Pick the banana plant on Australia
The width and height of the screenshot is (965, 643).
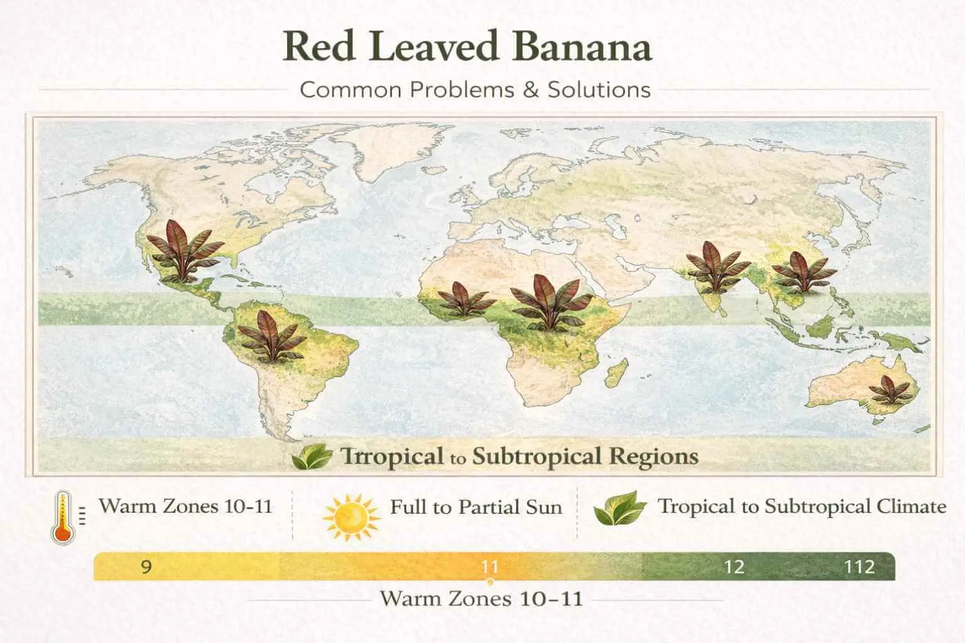point(889,390)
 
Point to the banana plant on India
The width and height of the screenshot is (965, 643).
point(717,266)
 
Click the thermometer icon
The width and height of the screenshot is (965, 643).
point(63,517)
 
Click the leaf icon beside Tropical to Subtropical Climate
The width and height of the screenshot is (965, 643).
point(619,509)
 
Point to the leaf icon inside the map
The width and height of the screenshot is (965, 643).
point(312,457)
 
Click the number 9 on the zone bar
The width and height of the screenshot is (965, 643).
point(146,567)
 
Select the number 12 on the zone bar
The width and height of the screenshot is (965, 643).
point(733,567)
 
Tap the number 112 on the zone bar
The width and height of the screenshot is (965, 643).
point(859,567)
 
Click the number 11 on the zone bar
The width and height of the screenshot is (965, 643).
point(490,567)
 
